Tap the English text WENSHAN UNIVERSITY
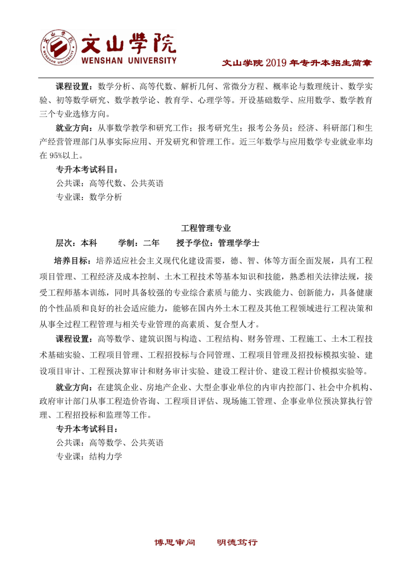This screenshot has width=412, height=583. pyautogui.click(x=129, y=61)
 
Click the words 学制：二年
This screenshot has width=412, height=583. pyautogui.click(x=139, y=242)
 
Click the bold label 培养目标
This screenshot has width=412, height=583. pyautogui.click(x=73, y=259)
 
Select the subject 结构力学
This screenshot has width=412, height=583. pyautogui.click(x=106, y=456)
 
